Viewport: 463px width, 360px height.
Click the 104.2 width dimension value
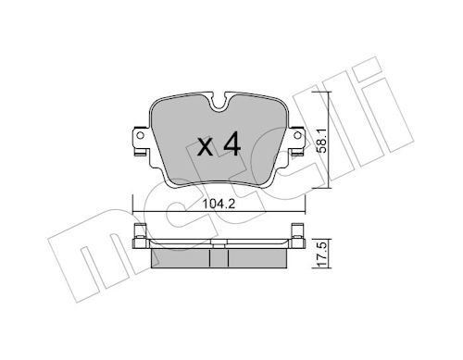tap(219, 204)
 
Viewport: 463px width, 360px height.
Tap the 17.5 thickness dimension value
tap(322, 254)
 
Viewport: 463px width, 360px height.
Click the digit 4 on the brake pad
tap(231, 143)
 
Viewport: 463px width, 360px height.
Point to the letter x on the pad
tap(206, 147)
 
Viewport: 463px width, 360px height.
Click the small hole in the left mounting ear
tap(140, 135)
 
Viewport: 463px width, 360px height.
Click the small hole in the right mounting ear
tap(297, 135)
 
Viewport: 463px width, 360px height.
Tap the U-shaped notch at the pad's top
tap(219, 101)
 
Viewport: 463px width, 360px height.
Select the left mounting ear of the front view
tap(142, 142)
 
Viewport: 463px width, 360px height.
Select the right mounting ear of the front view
tap(295, 142)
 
